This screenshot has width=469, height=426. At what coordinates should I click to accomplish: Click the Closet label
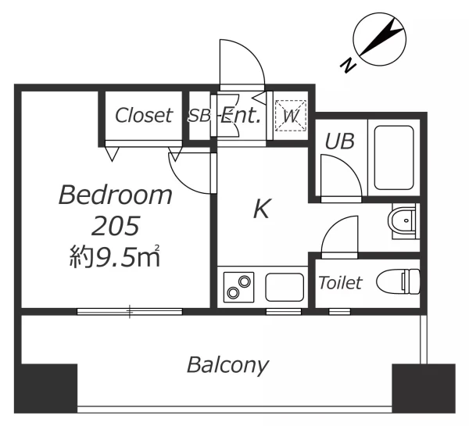pos(144,116)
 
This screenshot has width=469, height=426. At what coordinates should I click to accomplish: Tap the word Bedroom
pos(116,195)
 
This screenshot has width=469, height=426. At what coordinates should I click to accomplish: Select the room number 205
pos(116,225)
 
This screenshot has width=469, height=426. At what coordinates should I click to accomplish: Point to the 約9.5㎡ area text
pos(115,256)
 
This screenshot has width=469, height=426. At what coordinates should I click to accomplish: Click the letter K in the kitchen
pos(262,209)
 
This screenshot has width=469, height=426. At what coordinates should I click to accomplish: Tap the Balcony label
pos(228,365)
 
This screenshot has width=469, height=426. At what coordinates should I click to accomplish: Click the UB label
pos(340,141)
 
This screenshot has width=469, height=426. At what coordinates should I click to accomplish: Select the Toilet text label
pos(340,283)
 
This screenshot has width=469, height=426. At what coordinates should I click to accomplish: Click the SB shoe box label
pos(199,116)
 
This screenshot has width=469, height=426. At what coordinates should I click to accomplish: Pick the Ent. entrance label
pos(240,116)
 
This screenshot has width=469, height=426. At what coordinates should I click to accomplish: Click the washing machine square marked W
pos(291,116)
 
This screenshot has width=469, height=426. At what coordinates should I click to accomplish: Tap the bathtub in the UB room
pos(394,158)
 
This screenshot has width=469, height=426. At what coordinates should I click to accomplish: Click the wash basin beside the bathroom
pos(403,220)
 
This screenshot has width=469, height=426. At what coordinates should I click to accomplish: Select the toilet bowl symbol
pos(398,281)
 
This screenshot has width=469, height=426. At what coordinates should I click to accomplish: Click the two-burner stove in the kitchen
pos(238,287)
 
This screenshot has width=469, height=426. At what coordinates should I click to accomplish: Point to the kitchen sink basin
pos(285,287)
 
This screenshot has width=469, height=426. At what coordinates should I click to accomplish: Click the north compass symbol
pos(380,39)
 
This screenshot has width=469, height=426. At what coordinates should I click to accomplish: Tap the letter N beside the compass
pos(348,66)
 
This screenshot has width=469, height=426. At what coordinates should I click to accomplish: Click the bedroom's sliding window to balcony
pos(130,311)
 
